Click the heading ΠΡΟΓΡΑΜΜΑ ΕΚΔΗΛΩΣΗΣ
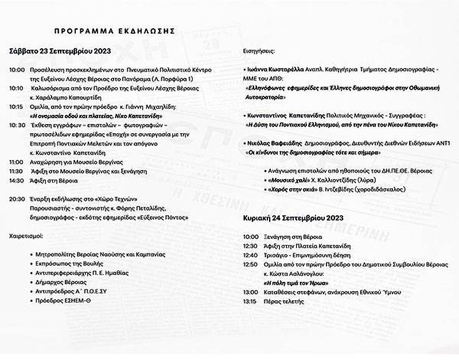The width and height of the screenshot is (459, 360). click(115, 30)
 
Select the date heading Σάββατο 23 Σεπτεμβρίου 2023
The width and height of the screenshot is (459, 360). click(60, 51)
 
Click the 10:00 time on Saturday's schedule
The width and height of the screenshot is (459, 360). click(17, 70)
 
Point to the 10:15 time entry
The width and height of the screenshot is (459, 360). click(17, 106)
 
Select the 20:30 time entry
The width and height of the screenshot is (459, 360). click(17, 199)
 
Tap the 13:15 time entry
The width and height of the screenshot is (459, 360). click(250, 301)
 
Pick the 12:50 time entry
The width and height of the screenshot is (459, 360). click(250, 264)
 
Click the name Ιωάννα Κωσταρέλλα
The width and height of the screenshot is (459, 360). click(274, 69)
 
